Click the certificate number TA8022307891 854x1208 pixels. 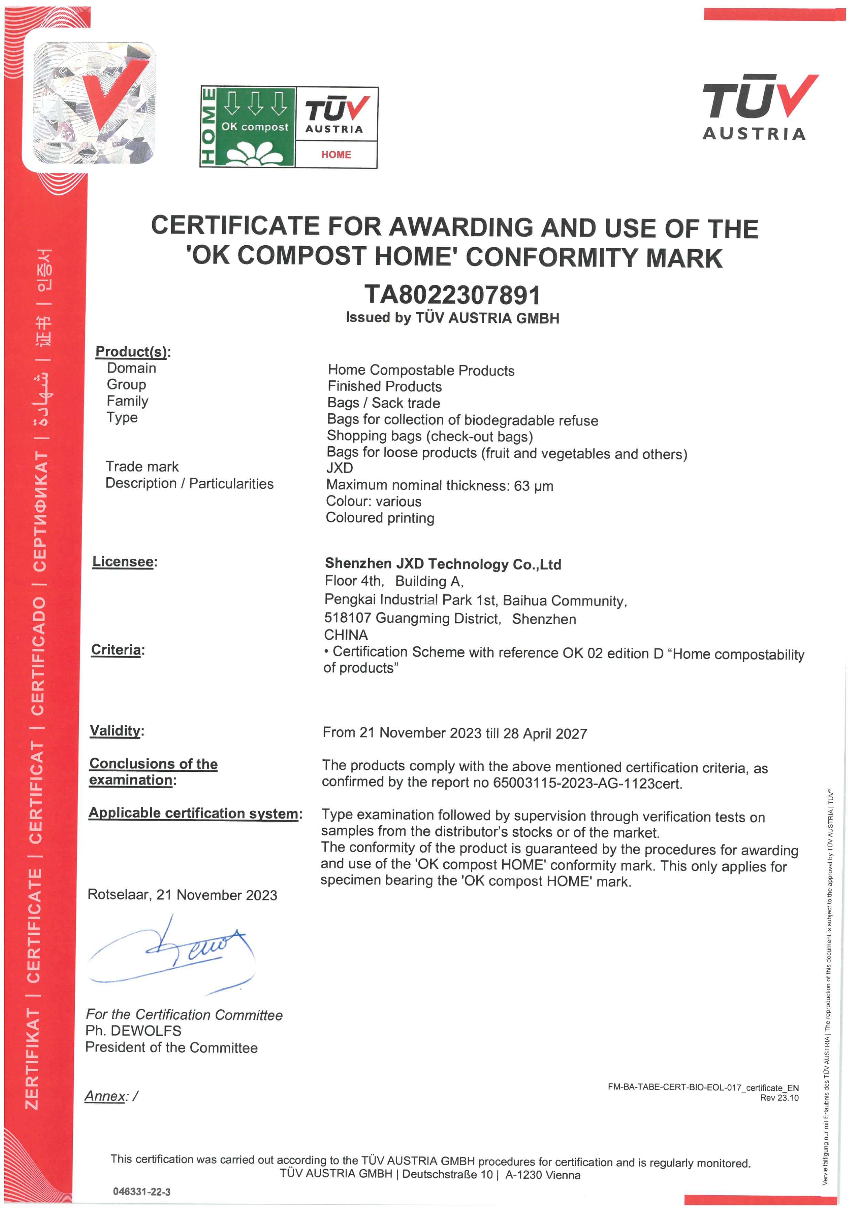tap(452, 295)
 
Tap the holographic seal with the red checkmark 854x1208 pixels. tap(94, 103)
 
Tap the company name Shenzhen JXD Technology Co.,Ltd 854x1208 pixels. tap(443, 564)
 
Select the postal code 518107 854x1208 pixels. tap(348, 618)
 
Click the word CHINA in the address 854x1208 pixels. tap(346, 635)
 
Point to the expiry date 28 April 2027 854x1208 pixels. tap(545, 733)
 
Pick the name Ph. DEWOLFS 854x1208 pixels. tap(134, 1031)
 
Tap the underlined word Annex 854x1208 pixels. tap(106, 1096)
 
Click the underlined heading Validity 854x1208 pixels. tap(115, 730)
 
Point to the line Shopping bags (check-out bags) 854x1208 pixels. tap(430, 436)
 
